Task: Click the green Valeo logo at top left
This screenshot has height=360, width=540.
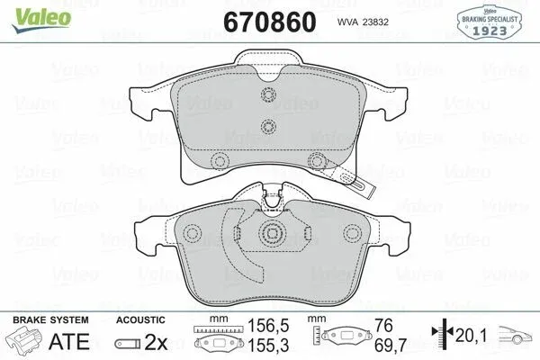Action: pos(41,20)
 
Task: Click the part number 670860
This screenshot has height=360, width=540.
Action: pos(270,22)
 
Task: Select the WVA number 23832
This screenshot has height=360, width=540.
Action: pos(373,22)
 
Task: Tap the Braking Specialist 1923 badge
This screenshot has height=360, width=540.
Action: pos(490,22)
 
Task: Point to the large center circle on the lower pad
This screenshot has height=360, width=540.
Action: pos(272,234)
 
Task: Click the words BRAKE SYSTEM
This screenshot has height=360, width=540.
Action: pos(50,320)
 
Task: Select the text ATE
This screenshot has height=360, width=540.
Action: pos(69,341)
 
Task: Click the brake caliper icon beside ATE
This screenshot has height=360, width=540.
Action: pos(24,340)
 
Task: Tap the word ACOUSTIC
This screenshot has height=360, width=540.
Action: pos(140,320)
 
